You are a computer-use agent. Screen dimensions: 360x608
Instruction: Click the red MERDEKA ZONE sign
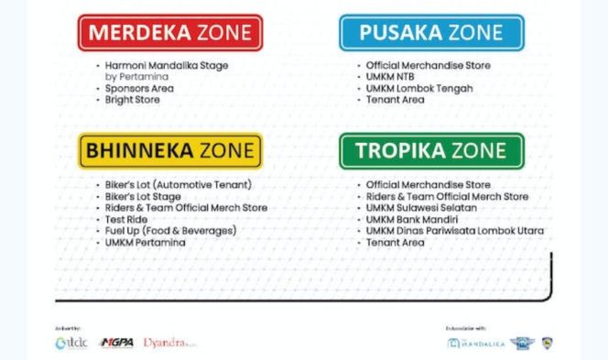(170, 33)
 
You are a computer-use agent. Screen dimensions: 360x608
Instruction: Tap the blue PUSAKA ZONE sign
(431, 33)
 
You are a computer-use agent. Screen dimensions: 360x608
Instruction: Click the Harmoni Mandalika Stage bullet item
(166, 66)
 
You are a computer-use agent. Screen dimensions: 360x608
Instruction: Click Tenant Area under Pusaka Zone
(395, 100)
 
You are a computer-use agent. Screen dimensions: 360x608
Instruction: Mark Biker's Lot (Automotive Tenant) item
(178, 184)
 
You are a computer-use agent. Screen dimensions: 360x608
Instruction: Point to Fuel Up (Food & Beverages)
(170, 230)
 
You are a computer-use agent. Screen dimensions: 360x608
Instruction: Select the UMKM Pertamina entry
(147, 242)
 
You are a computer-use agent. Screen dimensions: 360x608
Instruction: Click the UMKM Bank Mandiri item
(411, 219)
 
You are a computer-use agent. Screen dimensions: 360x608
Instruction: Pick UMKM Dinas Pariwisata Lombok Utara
(454, 230)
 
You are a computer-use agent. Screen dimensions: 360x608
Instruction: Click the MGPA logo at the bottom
(118, 343)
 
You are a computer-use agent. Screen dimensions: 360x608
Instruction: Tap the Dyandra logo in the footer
(168, 343)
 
